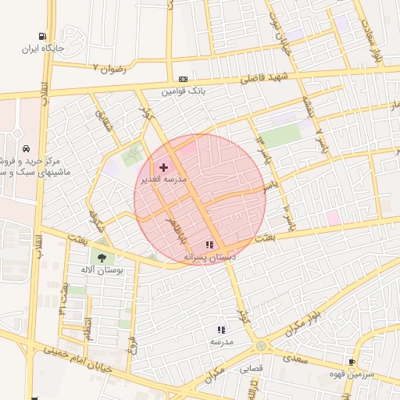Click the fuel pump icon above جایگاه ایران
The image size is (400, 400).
coord(41,36)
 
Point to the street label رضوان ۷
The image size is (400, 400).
coord(109,68)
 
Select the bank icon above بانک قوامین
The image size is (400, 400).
coord(183,79)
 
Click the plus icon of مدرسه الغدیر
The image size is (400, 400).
coord(163,167)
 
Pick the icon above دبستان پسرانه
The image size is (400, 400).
coord(209,245)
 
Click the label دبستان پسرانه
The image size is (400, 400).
coord(209,256)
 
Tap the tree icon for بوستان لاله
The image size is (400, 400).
coord(102,258)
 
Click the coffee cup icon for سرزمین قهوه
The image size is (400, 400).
coord(352,362)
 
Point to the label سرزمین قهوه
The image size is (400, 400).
coord(358,374)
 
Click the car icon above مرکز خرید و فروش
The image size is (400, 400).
coord(27,148)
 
